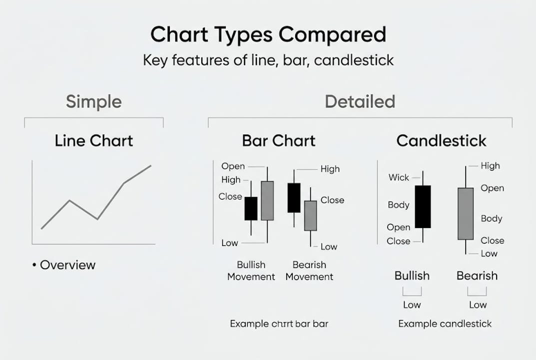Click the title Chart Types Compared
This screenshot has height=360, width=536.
pyautogui.click(x=268, y=35)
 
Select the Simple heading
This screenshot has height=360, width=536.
pyautogui.click(x=94, y=101)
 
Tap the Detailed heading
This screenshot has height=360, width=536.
pyautogui.click(x=360, y=101)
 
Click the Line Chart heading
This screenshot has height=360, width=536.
pyautogui.click(x=94, y=140)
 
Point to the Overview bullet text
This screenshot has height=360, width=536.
pyautogui.click(x=67, y=265)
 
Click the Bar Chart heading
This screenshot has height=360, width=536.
pyautogui.click(x=279, y=140)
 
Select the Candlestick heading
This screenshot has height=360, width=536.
pyautogui.click(x=441, y=140)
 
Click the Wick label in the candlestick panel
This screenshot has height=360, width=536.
pyautogui.click(x=399, y=177)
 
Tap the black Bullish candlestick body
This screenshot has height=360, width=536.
pyautogui.click(x=423, y=206)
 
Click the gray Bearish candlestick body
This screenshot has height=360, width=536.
pyautogui.click(x=466, y=213)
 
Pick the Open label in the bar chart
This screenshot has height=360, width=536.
pyautogui.click(x=233, y=166)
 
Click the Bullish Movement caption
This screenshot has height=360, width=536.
pyautogui.click(x=251, y=270)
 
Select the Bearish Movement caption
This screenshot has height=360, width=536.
pyautogui.click(x=309, y=270)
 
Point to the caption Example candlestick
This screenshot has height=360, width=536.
pyautogui.click(x=445, y=323)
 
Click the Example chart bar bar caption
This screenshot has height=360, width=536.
pyautogui.click(x=279, y=323)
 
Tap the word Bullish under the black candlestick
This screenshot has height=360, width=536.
pyautogui.click(x=412, y=275)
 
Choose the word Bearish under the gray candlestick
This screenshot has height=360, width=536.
pyautogui.click(x=477, y=275)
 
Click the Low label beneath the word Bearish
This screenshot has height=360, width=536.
pyautogui.click(x=478, y=304)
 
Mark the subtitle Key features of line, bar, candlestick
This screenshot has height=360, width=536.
pyautogui.click(x=268, y=60)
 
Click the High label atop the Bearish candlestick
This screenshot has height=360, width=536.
pyautogui.click(x=490, y=166)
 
